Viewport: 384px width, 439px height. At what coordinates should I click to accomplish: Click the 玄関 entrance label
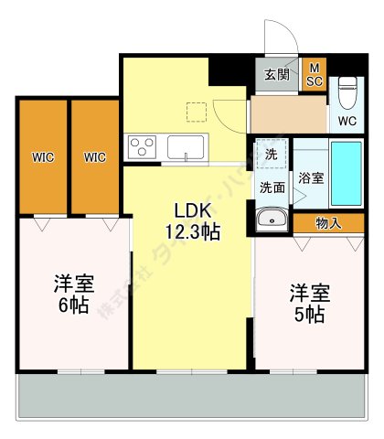tap(277, 75)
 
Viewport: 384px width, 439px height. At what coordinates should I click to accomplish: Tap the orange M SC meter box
tap(314, 73)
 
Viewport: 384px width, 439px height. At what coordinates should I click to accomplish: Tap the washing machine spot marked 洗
tap(272, 155)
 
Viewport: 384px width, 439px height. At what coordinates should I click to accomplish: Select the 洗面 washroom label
tap(272, 187)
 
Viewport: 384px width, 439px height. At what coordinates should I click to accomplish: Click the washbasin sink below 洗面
tap(272, 219)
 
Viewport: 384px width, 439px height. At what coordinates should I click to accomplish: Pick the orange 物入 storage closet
tap(328, 222)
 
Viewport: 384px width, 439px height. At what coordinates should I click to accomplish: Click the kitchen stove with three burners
tap(144, 146)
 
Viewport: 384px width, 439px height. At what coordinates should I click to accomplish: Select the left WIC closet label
tap(42, 157)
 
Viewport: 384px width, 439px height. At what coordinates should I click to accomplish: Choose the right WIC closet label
tap(94, 157)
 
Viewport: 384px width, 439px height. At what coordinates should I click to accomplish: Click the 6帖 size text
tap(70, 306)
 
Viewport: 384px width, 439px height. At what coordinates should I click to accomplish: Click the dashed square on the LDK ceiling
tap(196, 112)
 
